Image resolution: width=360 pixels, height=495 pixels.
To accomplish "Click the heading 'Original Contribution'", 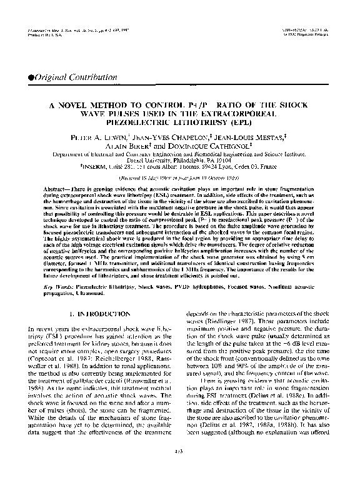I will (62, 76).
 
